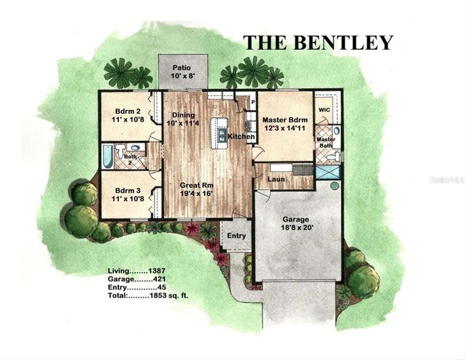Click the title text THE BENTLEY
pyautogui.click(x=318, y=43)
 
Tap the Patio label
pyautogui.click(x=182, y=68)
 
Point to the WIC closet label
pyautogui.click(x=324, y=110)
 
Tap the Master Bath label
pyautogui.click(x=326, y=143)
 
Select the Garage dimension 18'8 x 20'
pyautogui.click(x=298, y=229)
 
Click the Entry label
pyautogui.click(x=237, y=236)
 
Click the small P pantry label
pyautogui.click(x=253, y=101)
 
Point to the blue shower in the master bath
pyautogui.click(x=328, y=172)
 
